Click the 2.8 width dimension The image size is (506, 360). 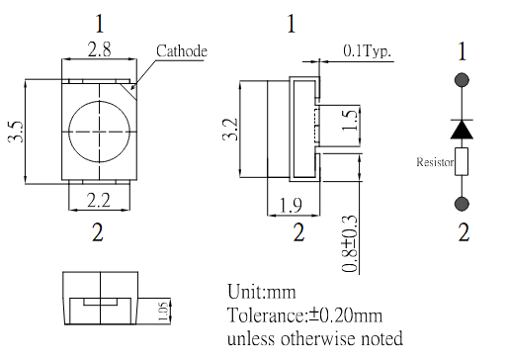click(x=99, y=49)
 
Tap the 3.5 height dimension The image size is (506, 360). click(x=16, y=132)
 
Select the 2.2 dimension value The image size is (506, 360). click(x=99, y=200)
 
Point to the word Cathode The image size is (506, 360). click(x=182, y=51)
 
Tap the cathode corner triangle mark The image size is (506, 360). click(x=130, y=90)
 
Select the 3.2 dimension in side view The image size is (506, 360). click(x=230, y=130)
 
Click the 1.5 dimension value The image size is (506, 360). click(x=350, y=120)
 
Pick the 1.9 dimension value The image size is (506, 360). click(x=291, y=205)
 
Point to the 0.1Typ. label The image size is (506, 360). click(x=368, y=50)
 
